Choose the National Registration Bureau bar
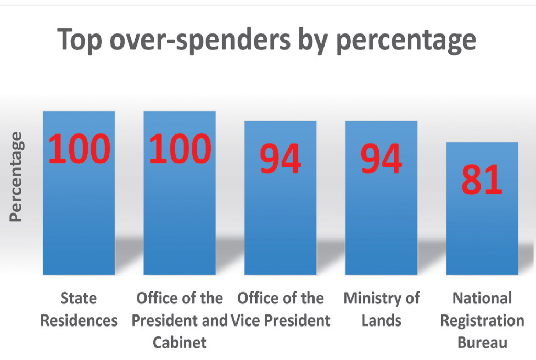coord(482,230)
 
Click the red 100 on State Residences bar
coord(80,149)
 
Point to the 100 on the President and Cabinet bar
coord(180,149)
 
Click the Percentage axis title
coord(17,177)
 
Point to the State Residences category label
coord(79,309)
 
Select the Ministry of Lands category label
coord(381,309)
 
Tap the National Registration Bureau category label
coord(482,320)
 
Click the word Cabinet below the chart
coord(180,343)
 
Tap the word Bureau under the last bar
coord(482,343)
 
